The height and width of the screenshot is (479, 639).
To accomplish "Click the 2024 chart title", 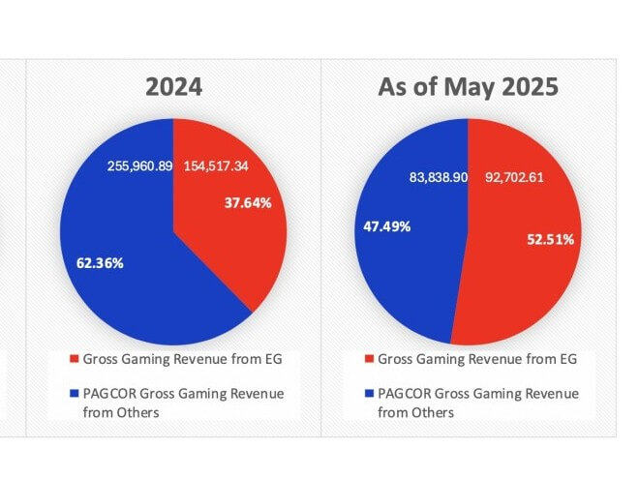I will [x=174, y=87].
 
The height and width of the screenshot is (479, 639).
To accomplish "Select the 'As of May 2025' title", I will [x=468, y=87].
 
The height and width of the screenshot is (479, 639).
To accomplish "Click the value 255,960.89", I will [x=138, y=166].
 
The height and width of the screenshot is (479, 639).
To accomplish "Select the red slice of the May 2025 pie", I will [x=523, y=290].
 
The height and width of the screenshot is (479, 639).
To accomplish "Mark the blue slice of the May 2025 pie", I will [x=407, y=281].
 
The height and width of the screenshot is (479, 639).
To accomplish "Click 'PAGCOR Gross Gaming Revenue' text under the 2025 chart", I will [x=478, y=394].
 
